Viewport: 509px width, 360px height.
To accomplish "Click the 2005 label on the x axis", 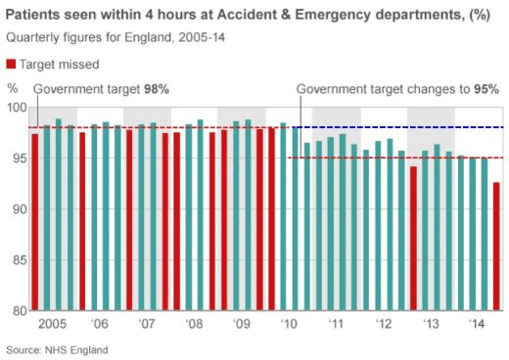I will [52, 324].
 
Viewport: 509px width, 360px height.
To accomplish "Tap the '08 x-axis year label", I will [194, 324].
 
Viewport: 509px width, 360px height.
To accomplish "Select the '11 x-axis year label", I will [336, 324].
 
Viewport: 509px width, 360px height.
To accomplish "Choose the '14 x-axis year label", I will [478, 324].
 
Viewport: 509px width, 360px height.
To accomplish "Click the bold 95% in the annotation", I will [486, 89].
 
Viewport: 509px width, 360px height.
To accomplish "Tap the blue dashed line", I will [392, 127].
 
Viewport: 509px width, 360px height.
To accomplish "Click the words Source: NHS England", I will [57, 349].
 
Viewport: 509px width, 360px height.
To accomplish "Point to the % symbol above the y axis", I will [12, 89].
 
